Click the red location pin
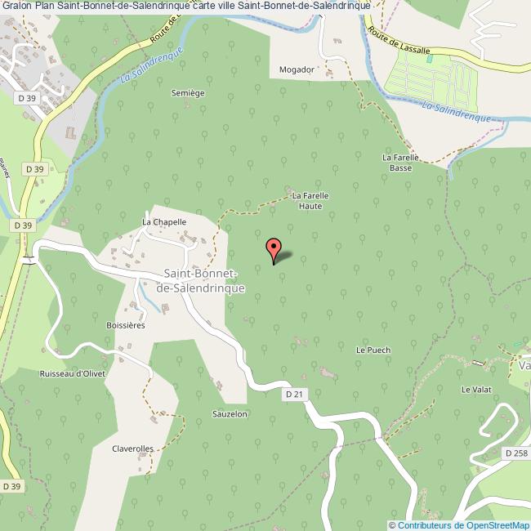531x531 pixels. tap(274, 248)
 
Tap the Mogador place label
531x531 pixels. tap(296, 69)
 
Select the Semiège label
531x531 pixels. tap(188, 93)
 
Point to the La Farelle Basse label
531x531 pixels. tap(400, 163)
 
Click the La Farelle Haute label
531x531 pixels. tap(307, 201)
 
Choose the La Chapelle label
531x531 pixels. tap(164, 221)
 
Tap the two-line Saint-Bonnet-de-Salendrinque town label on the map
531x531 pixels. tap(201, 280)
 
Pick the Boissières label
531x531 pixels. tap(125, 325)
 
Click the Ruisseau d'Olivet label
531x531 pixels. tap(73, 373)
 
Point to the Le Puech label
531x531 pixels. tap(373, 350)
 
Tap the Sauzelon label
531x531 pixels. tap(230, 414)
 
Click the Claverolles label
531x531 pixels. tap(132, 448)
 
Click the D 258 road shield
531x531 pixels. tap(516, 453)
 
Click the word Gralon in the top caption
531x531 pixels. tap(16, 6)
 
